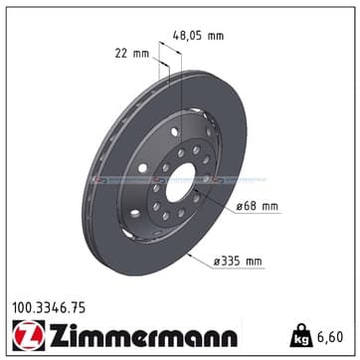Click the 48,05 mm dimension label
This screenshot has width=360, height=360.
[198, 35]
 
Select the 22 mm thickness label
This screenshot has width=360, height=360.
[132, 54]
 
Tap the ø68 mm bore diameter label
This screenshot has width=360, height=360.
[257, 207]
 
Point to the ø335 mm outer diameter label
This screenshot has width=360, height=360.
[238, 262]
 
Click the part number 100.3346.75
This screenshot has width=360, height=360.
[49, 308]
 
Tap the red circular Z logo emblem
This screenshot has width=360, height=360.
[29, 335]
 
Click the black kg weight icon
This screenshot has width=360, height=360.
[301, 336]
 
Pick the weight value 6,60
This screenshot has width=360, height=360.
[330, 337]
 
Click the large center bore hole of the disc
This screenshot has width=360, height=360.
[180, 182]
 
